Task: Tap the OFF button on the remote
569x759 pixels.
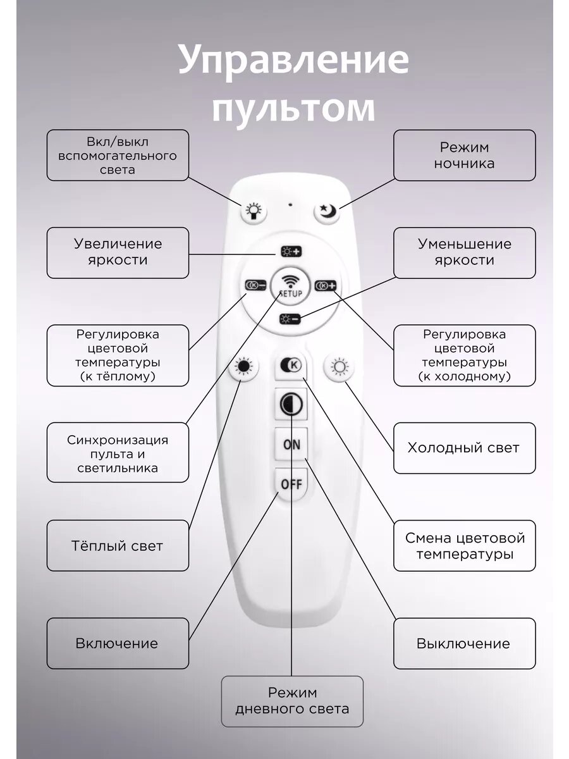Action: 291,484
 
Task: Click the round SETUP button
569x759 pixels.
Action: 290,287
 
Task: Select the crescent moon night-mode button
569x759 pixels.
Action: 327,211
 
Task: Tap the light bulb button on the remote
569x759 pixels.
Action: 254,211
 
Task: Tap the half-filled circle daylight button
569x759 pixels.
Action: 291,405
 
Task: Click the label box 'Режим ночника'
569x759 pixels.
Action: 464,156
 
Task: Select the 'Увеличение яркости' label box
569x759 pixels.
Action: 118,252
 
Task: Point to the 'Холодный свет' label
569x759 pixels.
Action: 464,448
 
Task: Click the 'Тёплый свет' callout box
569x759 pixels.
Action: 118,545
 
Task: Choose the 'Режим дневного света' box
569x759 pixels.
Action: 292,701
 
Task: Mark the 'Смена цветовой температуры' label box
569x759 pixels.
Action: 464,546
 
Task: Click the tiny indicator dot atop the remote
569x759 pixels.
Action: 290,204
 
